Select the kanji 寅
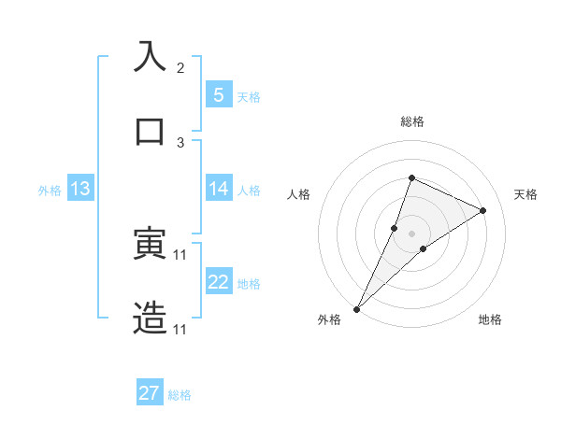[x=151, y=244]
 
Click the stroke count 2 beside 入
[x=180, y=68]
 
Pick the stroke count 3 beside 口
[x=180, y=142]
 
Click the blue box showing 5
[x=218, y=94]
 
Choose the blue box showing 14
[x=218, y=189]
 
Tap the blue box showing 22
[x=218, y=282]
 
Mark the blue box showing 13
[x=80, y=189]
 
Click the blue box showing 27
[x=150, y=393]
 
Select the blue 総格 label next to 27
[x=180, y=395]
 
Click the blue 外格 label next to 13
[x=50, y=191]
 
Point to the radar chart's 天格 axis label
[x=526, y=194]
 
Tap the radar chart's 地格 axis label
[x=490, y=320]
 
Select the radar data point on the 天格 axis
[x=483, y=210]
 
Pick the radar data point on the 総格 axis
[x=411, y=177]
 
